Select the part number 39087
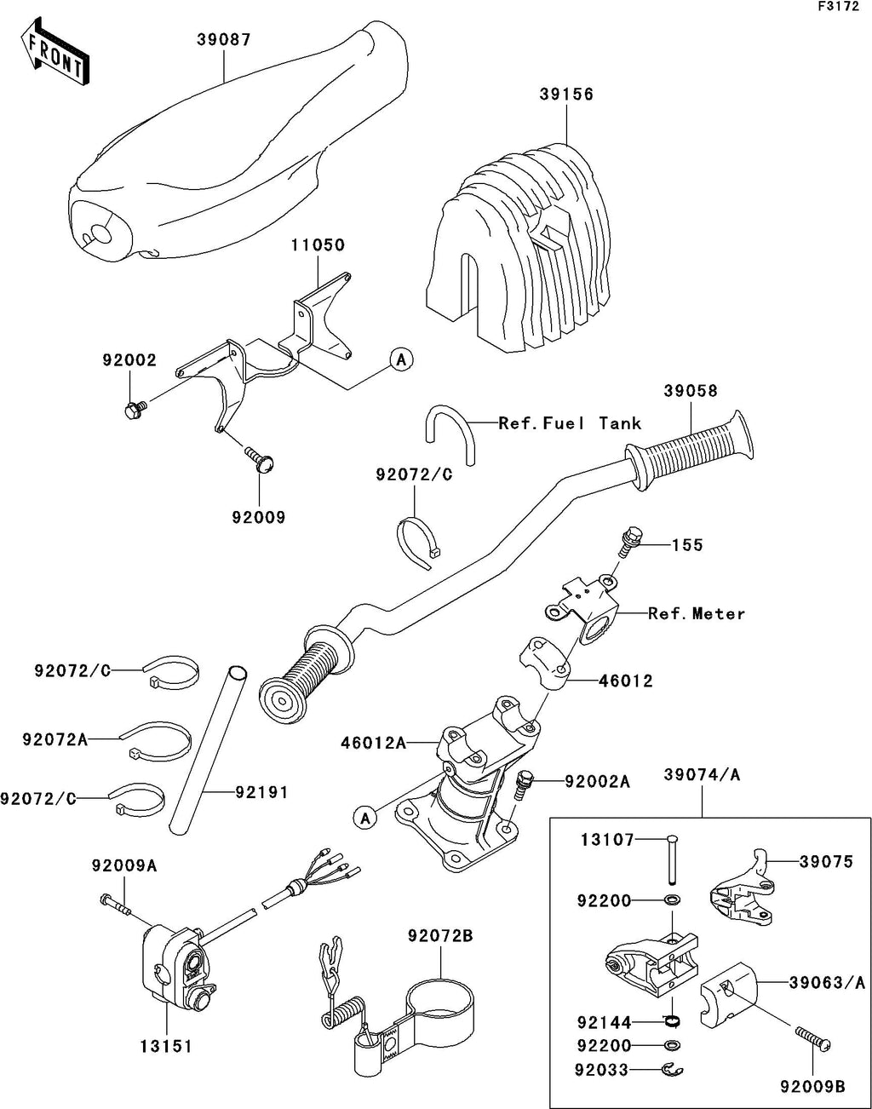[224, 40]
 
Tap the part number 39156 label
[565, 95]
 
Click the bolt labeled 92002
[132, 411]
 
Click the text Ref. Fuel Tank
[570, 423]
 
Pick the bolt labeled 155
[630, 540]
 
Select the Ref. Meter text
[696, 613]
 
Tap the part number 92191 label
[261, 792]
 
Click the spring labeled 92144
[672, 1020]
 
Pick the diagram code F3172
[839, 7]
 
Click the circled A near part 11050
[401, 360]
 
